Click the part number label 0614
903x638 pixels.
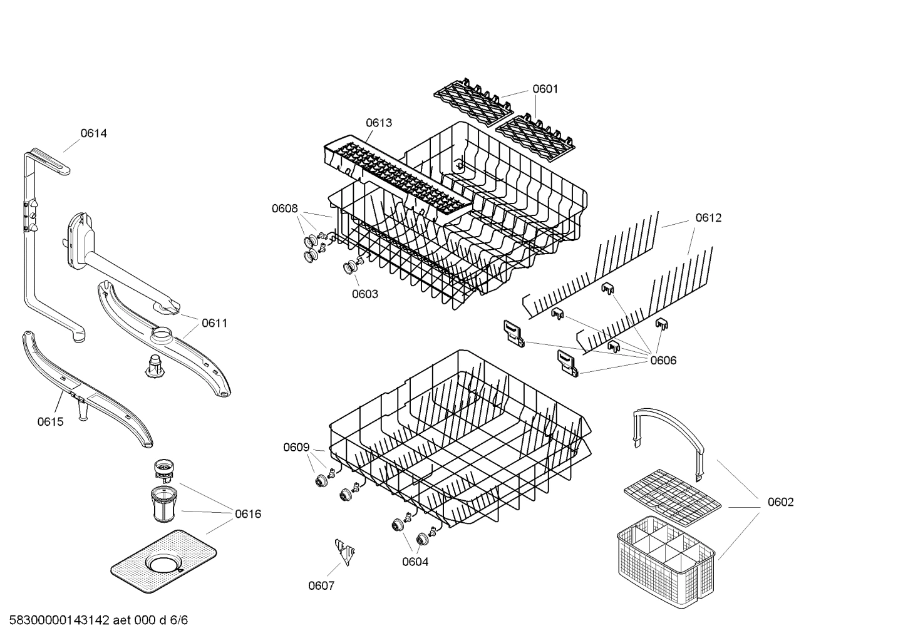(93, 133)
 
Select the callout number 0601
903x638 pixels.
(545, 89)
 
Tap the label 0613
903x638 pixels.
(379, 123)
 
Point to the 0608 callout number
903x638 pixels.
(284, 208)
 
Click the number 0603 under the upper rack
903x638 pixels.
(364, 294)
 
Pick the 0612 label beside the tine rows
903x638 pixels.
(708, 218)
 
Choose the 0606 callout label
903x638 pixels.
(663, 360)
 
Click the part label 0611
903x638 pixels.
(214, 323)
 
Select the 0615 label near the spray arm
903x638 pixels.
(50, 421)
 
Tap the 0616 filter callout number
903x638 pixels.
(248, 514)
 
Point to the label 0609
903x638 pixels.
(296, 447)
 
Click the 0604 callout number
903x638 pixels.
(415, 562)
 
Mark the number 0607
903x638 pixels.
(321, 585)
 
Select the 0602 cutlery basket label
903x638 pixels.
(780, 502)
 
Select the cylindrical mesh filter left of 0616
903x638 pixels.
(164, 504)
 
